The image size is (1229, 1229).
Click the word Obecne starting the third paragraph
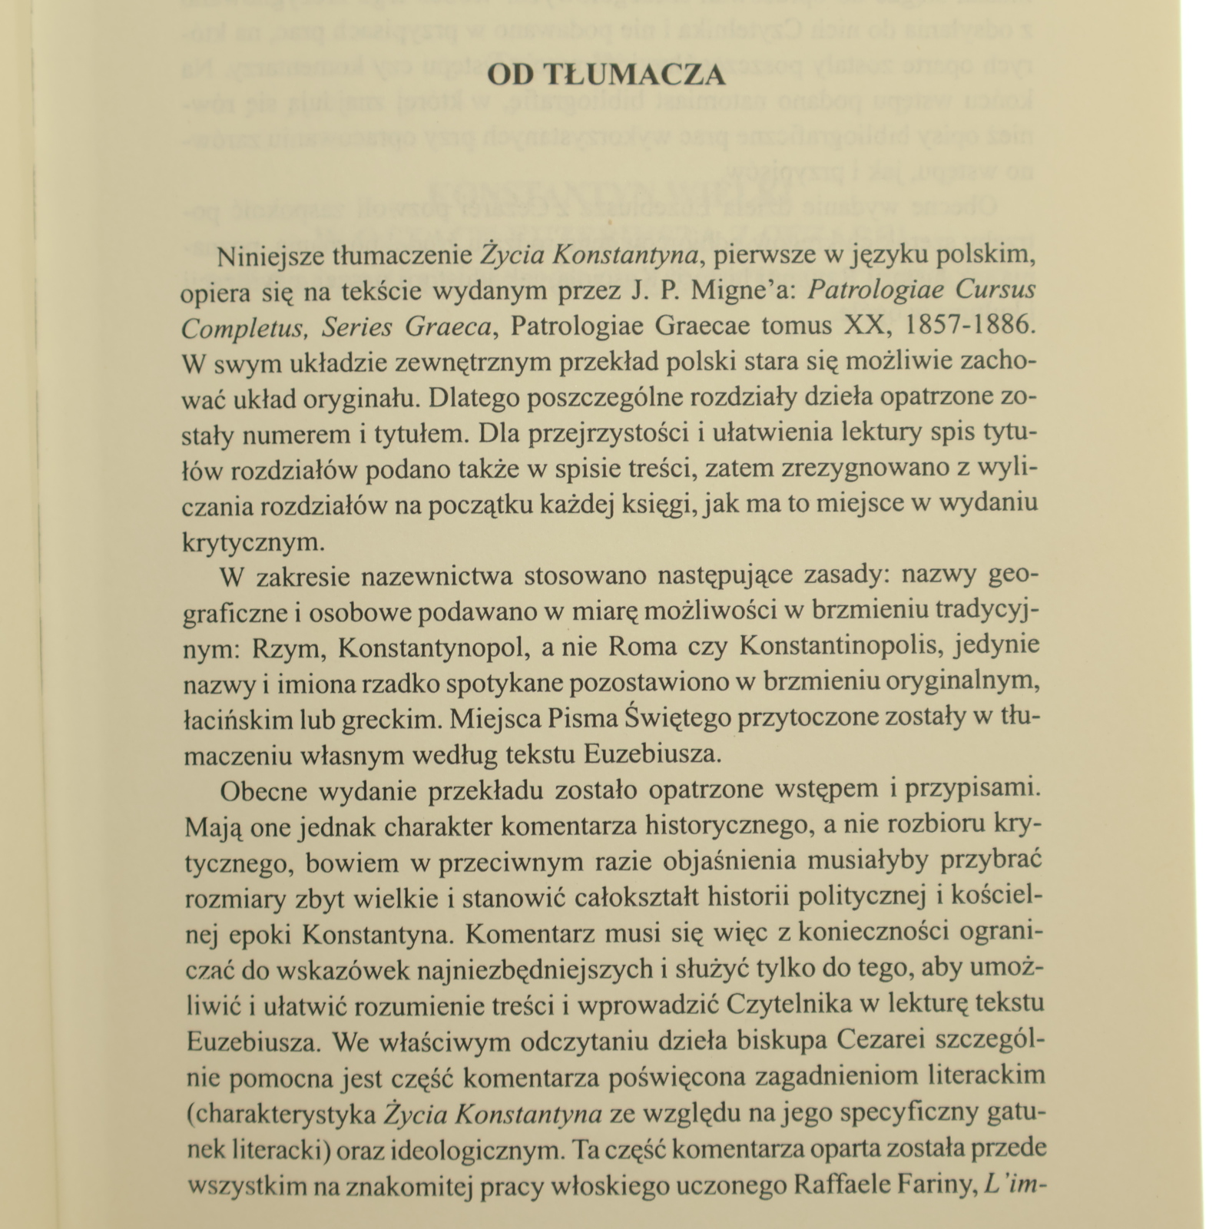pos(263,791)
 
